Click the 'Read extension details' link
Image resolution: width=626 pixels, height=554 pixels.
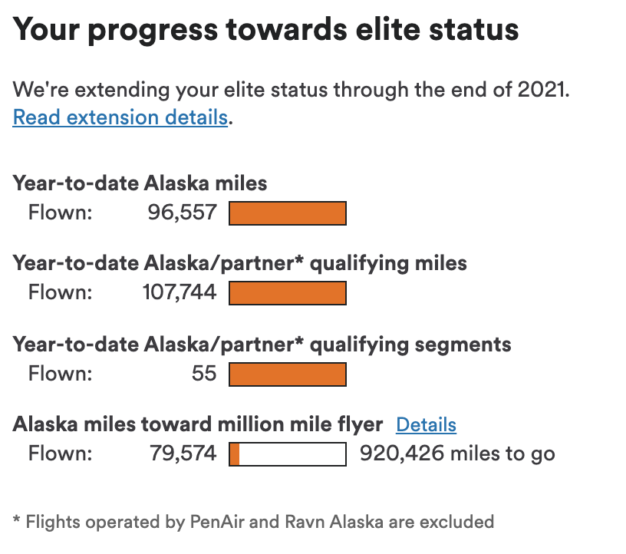(120, 117)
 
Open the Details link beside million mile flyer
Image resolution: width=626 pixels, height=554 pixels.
(426, 425)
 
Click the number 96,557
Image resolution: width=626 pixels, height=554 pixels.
(183, 212)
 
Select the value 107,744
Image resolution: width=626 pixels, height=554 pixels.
(180, 292)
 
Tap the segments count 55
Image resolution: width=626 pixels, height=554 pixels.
(204, 374)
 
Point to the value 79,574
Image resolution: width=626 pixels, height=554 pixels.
(183, 453)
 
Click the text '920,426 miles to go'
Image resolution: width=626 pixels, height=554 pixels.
(457, 453)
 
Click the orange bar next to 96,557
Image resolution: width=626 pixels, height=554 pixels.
(288, 213)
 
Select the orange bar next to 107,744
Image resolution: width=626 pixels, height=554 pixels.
(288, 293)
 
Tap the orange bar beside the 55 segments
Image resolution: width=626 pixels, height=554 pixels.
(288, 374)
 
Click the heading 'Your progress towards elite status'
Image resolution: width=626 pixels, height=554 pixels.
(265, 30)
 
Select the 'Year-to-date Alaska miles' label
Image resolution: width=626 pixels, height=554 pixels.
(140, 183)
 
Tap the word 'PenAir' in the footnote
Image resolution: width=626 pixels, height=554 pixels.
(217, 523)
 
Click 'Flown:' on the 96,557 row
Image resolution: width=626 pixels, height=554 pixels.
(60, 212)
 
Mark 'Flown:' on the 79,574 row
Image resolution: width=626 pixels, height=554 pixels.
(60, 453)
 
